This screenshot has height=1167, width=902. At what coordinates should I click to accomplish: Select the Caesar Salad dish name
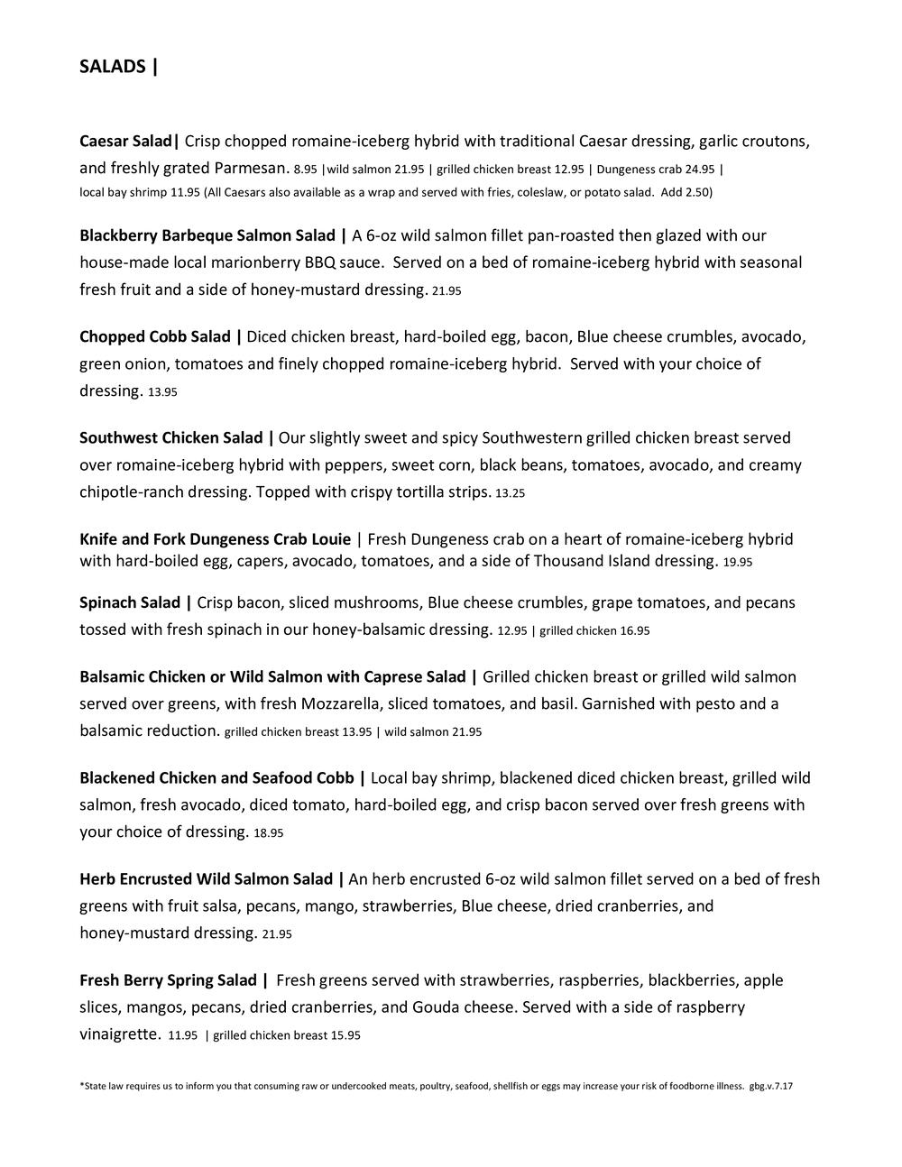click(125, 142)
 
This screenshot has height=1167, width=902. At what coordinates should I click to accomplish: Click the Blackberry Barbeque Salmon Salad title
click(207, 236)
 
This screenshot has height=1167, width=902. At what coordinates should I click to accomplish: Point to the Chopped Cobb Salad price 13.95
click(162, 392)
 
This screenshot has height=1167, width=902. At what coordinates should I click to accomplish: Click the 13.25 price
click(510, 493)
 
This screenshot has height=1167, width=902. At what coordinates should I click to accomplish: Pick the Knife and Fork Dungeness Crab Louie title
click(215, 539)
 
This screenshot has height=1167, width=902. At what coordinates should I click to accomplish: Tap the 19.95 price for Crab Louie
click(737, 562)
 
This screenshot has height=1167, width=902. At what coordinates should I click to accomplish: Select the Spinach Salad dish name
click(130, 602)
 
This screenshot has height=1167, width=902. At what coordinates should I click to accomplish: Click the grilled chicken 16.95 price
click(594, 631)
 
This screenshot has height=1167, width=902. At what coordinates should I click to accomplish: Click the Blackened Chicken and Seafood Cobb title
click(217, 777)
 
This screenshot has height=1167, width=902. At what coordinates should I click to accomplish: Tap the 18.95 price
click(269, 833)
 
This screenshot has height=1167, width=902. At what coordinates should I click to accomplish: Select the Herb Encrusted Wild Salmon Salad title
click(207, 878)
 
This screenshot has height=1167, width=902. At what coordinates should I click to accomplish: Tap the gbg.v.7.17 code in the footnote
click(770, 1086)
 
